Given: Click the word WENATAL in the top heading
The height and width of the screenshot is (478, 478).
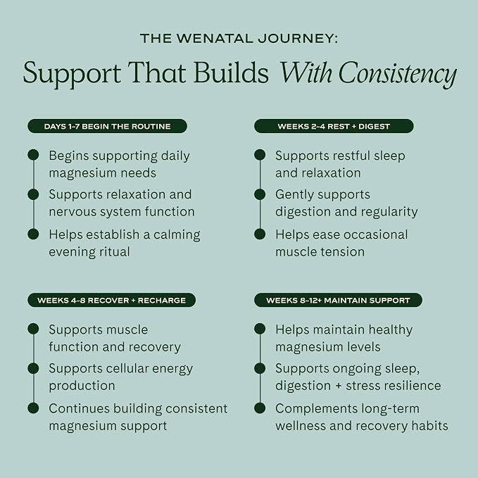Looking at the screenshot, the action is (216, 39).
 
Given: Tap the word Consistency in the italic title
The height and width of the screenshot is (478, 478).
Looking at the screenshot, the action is (398, 73).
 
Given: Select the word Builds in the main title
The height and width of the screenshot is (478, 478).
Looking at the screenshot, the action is (231, 73).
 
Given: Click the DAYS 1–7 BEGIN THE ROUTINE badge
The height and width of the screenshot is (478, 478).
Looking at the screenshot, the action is (107, 126).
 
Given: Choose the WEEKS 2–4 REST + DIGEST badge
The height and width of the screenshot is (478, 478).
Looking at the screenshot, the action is (334, 126).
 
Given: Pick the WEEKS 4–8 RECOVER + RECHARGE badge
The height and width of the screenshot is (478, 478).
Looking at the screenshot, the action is (111, 301).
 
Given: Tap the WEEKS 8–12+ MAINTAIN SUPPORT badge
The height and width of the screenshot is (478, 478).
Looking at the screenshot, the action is (338, 301).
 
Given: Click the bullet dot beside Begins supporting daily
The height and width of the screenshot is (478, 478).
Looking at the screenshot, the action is (33, 155).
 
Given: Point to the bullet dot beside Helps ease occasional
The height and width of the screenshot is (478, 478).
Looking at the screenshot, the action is (260, 234).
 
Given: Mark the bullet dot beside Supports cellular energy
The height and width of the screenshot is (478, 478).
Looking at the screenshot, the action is (33, 368).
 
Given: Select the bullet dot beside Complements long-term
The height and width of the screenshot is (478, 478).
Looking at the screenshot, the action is (260, 408).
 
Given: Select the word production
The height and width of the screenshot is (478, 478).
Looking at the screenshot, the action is (82, 386).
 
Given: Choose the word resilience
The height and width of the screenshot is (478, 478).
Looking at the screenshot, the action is (411, 386).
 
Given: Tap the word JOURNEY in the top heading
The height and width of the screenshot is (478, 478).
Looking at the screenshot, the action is (298, 39).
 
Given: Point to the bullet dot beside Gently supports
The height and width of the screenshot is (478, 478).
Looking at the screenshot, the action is (260, 194).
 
